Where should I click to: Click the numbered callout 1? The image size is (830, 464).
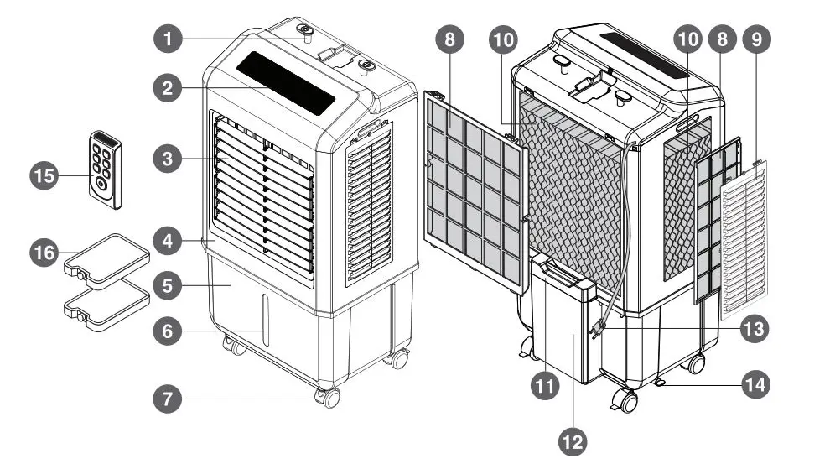click(x=168, y=39)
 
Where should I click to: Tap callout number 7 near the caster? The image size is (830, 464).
click(x=168, y=399)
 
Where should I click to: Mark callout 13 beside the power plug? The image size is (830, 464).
click(x=756, y=329)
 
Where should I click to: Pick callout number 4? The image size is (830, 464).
click(x=168, y=241)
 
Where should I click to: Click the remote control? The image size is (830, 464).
click(x=106, y=168)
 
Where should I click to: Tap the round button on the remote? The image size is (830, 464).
click(x=101, y=182)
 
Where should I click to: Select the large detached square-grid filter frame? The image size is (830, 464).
click(x=476, y=193)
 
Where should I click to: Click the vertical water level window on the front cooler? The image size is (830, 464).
click(x=266, y=319)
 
